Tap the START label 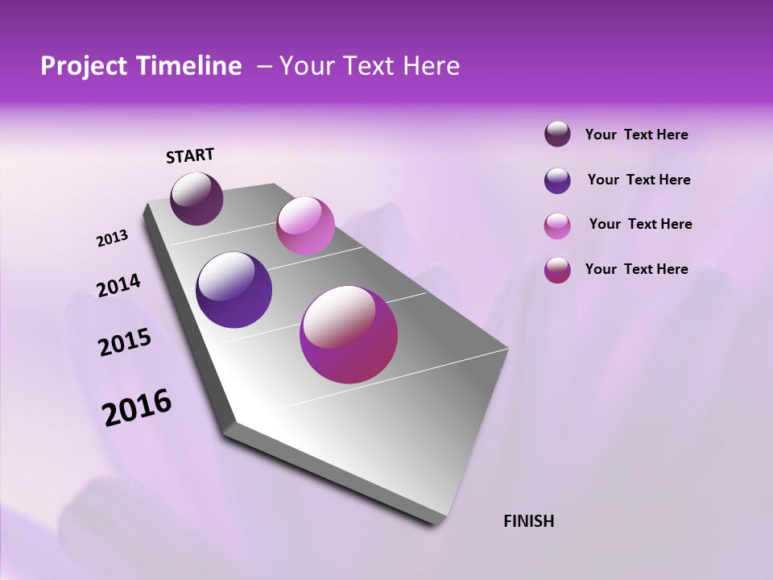tap(190, 155)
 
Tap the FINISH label tap(528, 521)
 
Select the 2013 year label tap(112, 238)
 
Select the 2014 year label tap(118, 286)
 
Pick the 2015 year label tap(124, 342)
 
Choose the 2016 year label tap(137, 408)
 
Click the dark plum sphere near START tap(196, 198)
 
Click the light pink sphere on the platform tap(305, 226)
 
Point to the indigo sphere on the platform tap(234, 290)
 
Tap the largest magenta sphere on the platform tap(349, 334)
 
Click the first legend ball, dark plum tap(557, 135)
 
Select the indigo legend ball tap(557, 180)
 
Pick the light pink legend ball tap(557, 226)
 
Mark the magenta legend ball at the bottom tap(557, 270)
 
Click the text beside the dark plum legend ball tap(636, 135)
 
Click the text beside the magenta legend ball tap(636, 269)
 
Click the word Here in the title tap(431, 66)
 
